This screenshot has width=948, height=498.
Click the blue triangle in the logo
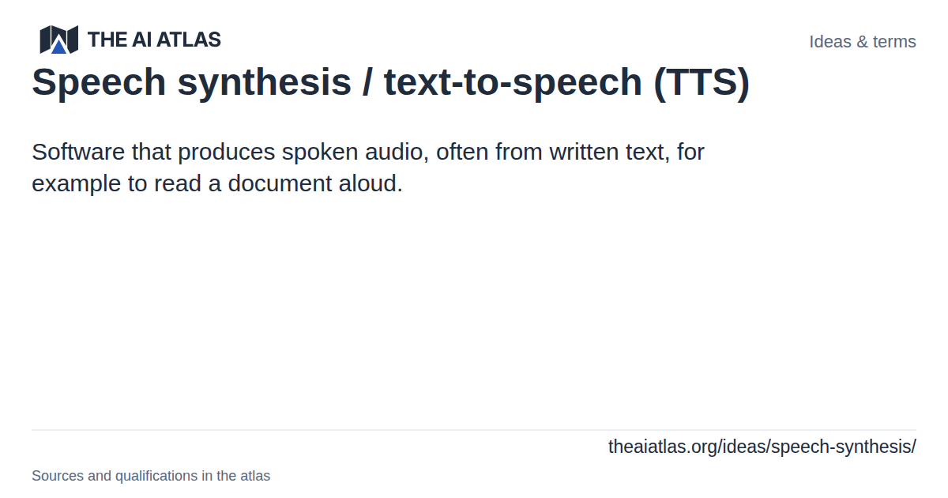tap(58, 46)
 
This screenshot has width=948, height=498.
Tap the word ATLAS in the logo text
tap(189, 40)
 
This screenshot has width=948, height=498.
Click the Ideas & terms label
tap(863, 41)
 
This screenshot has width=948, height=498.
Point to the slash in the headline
tap(367, 81)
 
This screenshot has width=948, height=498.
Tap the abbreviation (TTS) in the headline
tap(702, 82)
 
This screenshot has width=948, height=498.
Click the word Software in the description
tap(78, 152)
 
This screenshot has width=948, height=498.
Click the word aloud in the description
tap(371, 183)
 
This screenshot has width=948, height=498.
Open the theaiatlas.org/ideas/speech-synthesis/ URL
tap(762, 447)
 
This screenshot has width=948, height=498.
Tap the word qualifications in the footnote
tap(156, 477)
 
